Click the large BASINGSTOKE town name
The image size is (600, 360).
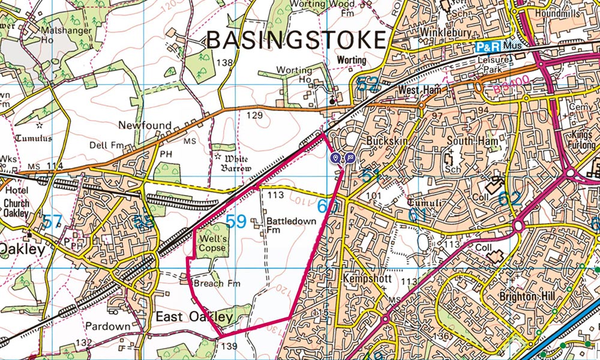(295, 40)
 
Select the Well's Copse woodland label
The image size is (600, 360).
(214, 242)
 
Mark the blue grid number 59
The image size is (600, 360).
(236, 222)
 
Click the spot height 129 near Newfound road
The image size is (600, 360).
(254, 115)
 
